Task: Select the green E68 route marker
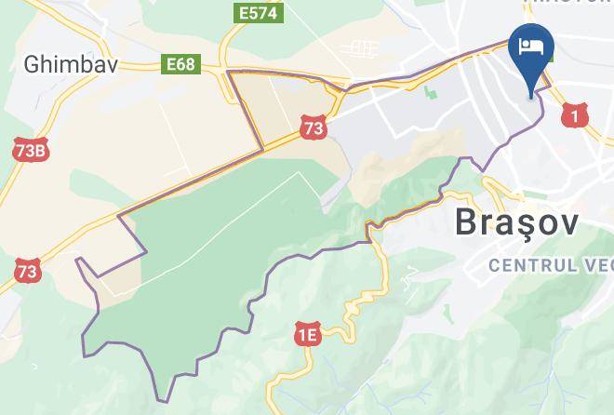(x=180, y=64)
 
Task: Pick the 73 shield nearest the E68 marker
(x=314, y=127)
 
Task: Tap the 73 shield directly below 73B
(x=28, y=272)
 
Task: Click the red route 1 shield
(x=576, y=115)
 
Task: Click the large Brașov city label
(x=516, y=223)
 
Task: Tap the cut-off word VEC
(x=596, y=266)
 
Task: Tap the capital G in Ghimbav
(x=33, y=63)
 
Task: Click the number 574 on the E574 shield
(x=264, y=12)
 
